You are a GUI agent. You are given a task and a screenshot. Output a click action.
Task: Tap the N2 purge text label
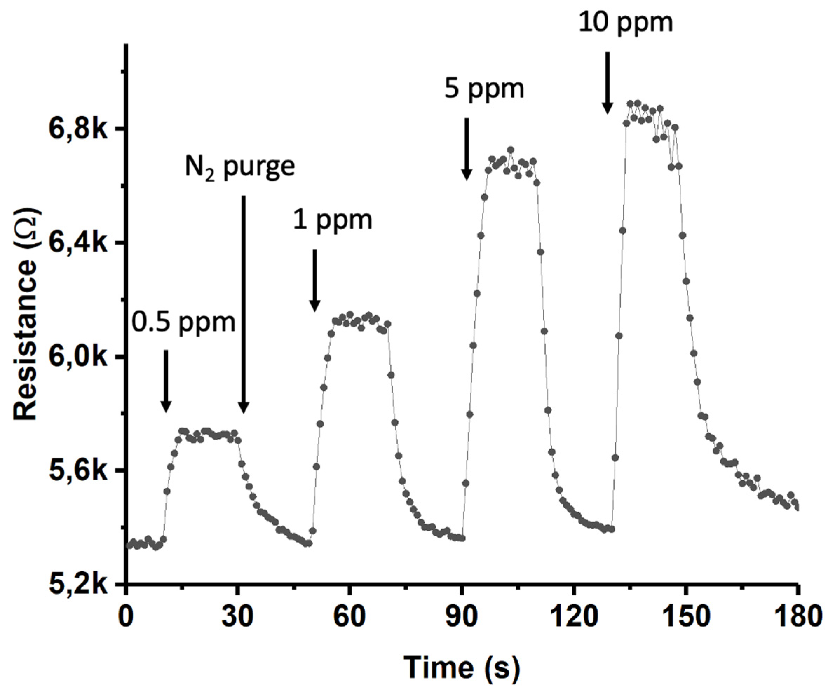[240, 168]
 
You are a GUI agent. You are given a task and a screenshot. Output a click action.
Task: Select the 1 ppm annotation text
[332, 220]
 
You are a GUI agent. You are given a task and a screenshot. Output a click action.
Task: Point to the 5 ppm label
[484, 89]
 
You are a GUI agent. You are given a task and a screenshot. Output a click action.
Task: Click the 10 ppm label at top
[626, 22]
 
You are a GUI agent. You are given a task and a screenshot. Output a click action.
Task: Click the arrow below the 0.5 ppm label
[166, 380]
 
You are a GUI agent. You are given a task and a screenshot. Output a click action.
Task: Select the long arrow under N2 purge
[244, 304]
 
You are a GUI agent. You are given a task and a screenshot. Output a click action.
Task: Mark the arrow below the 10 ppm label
[607, 83]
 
